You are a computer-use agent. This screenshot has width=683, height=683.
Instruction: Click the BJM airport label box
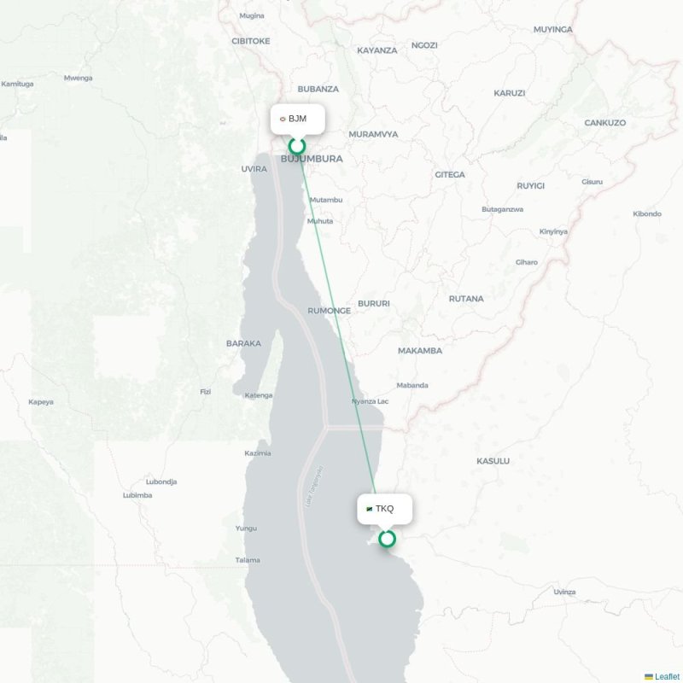[x=298, y=119]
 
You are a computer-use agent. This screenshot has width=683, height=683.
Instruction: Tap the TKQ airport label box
[x=384, y=509]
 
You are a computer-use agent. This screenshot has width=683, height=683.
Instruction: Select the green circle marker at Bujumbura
[x=297, y=145]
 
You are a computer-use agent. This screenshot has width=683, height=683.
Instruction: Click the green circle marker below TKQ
[x=387, y=538]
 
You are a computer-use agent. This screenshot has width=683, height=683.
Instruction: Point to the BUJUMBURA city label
[x=312, y=159]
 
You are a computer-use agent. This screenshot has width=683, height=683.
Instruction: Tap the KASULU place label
[x=493, y=461]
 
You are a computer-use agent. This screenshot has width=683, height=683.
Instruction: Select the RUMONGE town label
[x=329, y=311]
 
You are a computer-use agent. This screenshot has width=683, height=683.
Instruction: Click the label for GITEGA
[x=450, y=175]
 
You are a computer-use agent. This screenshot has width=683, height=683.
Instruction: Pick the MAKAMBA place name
[x=420, y=351]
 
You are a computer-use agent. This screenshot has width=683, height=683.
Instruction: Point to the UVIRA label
[x=254, y=169]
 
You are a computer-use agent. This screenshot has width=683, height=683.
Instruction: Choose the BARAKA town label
[x=243, y=343]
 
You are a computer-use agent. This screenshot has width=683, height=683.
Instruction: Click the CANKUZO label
[x=605, y=123]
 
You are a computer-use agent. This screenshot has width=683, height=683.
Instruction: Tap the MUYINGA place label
[x=553, y=29]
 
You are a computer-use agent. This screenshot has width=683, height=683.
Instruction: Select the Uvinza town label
[x=564, y=592]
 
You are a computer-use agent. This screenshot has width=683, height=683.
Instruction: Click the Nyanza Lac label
[x=370, y=401]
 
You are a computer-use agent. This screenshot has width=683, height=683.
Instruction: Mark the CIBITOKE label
[x=250, y=40]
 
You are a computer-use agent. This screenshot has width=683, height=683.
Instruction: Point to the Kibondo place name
[x=646, y=213]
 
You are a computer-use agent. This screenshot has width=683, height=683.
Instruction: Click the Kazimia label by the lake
[x=257, y=452]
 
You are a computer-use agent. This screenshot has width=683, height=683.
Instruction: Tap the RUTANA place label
[x=466, y=299]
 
